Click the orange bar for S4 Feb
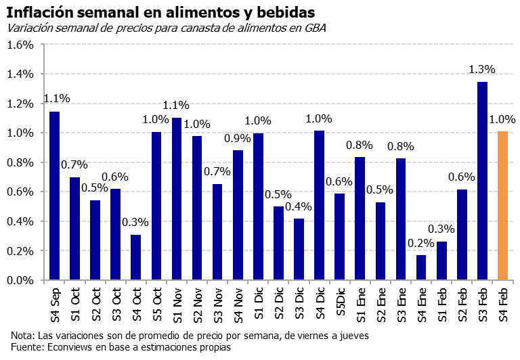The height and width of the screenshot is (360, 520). [x=502, y=206]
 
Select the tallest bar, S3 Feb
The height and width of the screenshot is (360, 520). [x=482, y=181]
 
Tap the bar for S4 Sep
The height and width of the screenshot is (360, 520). [x=55, y=196]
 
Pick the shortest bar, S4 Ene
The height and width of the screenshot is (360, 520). [x=421, y=267]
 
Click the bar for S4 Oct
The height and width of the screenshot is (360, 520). [x=136, y=257]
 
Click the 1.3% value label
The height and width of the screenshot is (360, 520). [x=482, y=70]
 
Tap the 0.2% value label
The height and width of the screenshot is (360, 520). [x=421, y=243]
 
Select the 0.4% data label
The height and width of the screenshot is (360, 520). [x=299, y=206]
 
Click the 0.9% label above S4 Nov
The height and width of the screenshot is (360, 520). [x=238, y=138]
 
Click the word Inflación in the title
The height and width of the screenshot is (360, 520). [x=40, y=13]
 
